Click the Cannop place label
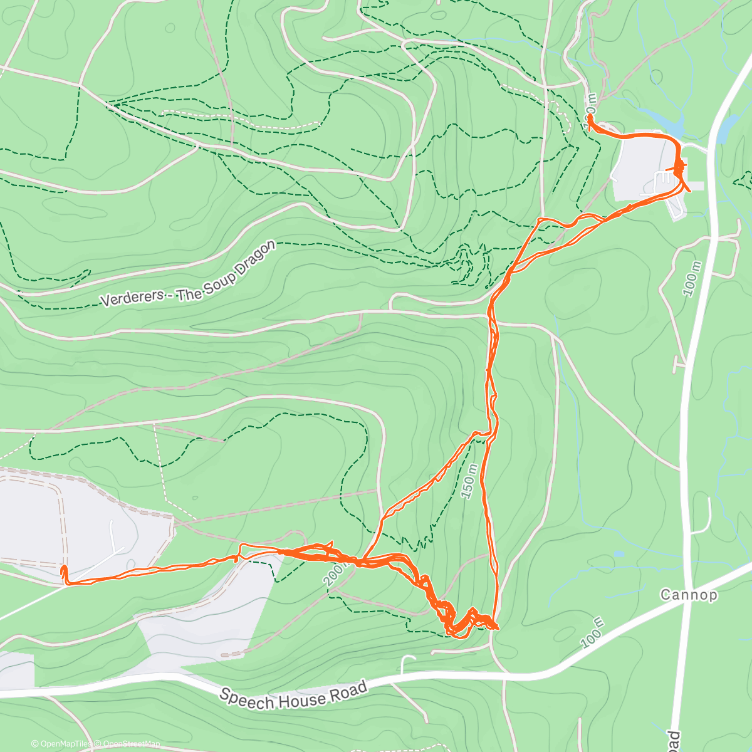click(689, 594)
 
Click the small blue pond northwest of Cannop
click(619, 554)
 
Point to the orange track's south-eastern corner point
click(496, 627)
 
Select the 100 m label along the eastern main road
click(692, 276)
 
